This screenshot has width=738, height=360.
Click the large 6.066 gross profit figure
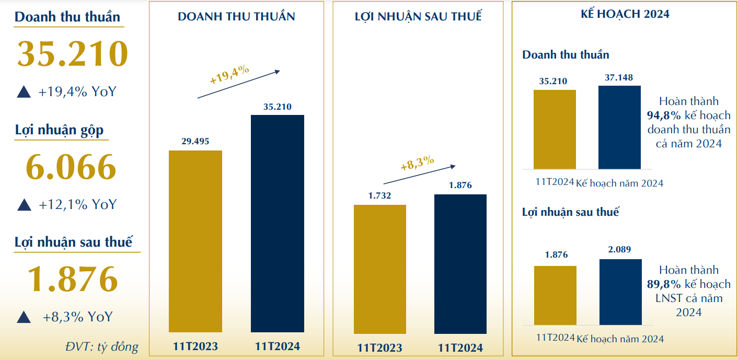71,167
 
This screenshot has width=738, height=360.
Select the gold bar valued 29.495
195,241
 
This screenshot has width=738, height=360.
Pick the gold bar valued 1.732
380,269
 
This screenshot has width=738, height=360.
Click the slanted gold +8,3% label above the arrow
417,164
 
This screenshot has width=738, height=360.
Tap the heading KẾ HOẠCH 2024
625,15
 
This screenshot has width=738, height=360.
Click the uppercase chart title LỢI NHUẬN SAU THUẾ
418,17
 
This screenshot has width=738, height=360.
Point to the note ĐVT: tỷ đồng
102,346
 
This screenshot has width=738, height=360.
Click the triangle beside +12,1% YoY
24,205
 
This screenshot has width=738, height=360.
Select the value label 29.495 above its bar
195,142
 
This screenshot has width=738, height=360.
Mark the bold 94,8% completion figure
664,115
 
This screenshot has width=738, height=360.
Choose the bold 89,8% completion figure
664,284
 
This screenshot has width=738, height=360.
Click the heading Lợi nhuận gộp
59,131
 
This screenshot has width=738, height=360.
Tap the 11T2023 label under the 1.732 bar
380,347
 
